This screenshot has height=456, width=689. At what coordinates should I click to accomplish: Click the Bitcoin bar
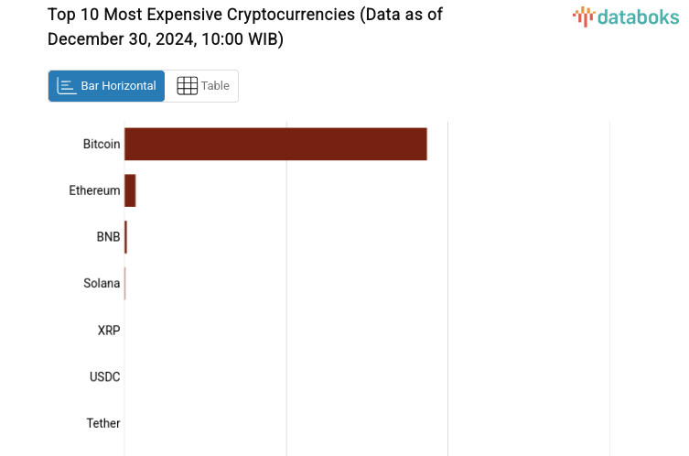point(275,144)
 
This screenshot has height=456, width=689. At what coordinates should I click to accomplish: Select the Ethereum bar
point(130,190)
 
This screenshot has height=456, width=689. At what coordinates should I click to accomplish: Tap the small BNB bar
point(125,237)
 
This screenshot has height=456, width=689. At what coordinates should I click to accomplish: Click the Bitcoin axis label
point(101,144)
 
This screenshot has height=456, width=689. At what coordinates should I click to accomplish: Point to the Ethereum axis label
point(94,190)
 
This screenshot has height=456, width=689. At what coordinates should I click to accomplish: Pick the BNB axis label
point(108,237)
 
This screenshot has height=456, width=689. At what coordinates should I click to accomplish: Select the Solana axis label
point(102,283)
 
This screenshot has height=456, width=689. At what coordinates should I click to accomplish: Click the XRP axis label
point(109,330)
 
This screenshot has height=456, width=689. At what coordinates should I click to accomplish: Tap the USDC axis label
point(104,376)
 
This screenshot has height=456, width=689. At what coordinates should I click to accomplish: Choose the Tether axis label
point(103,423)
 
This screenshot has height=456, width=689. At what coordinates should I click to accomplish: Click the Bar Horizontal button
point(106,86)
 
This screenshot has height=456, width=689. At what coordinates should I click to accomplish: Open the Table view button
point(202,86)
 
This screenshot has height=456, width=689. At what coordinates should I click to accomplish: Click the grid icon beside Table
point(187,86)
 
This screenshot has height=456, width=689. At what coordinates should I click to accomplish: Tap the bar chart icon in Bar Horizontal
point(66,86)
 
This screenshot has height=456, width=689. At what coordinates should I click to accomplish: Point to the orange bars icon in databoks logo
point(583,16)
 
